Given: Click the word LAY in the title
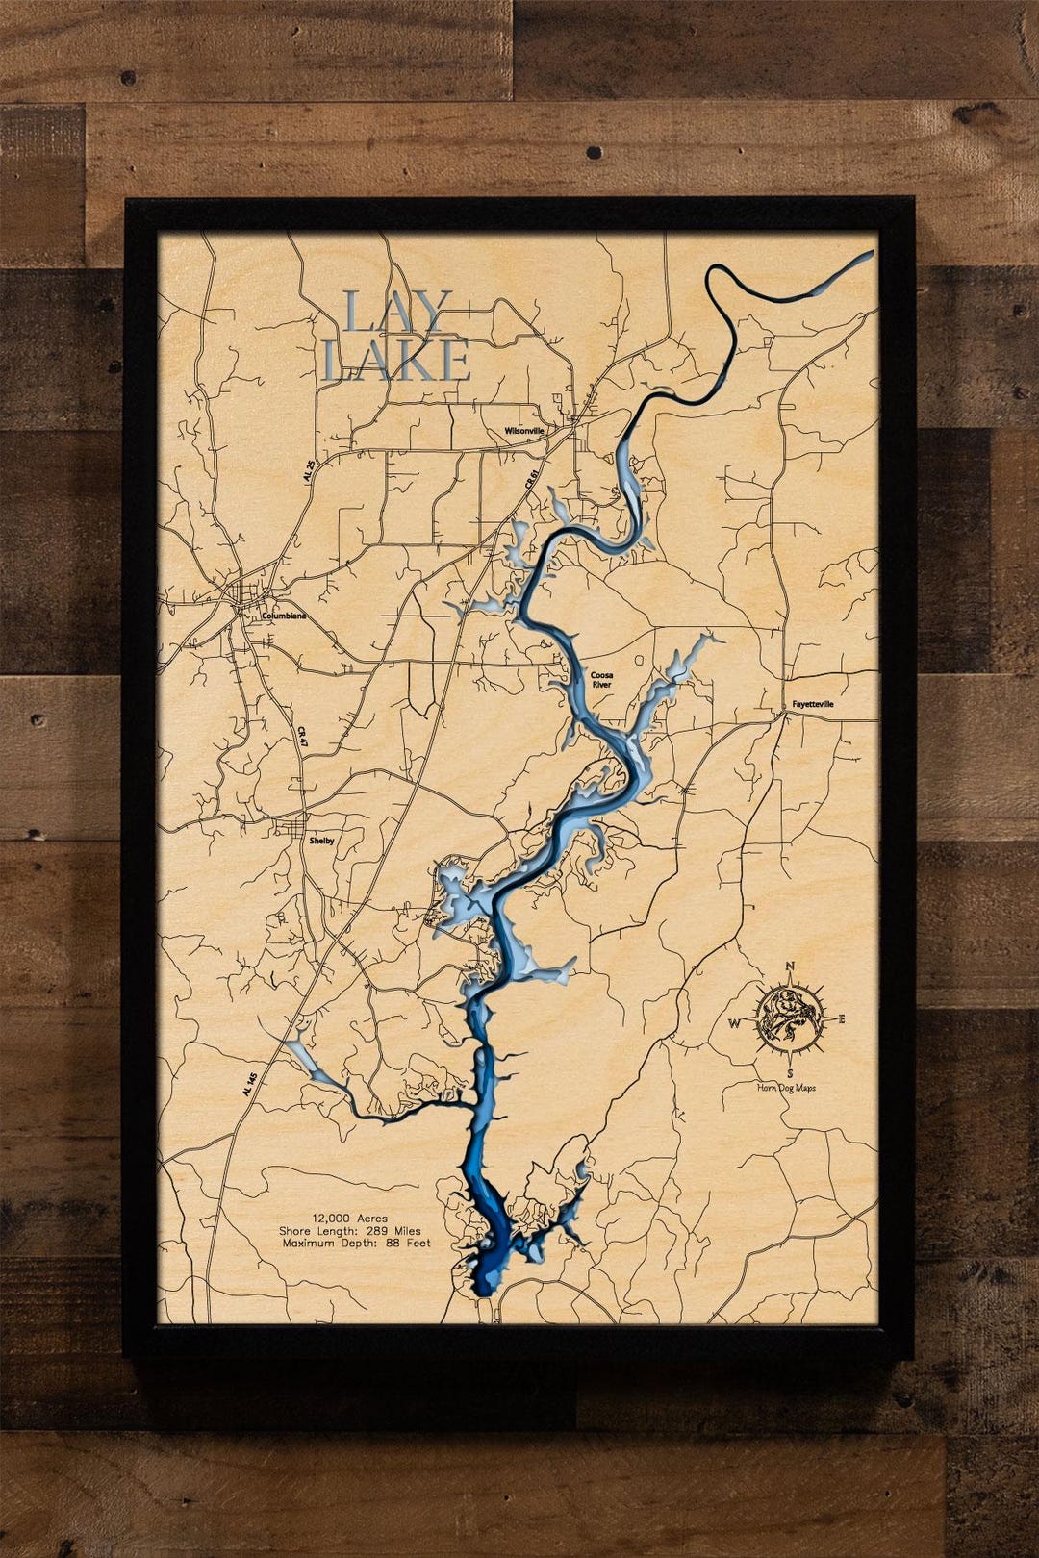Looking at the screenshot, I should [x=396, y=314].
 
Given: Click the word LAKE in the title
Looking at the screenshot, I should [x=396, y=361].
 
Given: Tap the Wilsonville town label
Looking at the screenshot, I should [x=523, y=432].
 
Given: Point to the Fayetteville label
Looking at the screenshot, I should [x=813, y=704].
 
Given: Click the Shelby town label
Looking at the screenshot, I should [x=321, y=840].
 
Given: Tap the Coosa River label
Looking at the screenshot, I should [x=601, y=680].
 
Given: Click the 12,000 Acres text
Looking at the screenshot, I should [x=349, y=1219].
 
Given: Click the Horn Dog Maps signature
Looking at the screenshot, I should [x=786, y=1088].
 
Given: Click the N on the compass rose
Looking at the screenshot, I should [x=790, y=967].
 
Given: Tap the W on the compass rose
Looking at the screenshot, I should [x=734, y=1023].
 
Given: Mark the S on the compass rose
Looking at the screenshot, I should [x=789, y=1072].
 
